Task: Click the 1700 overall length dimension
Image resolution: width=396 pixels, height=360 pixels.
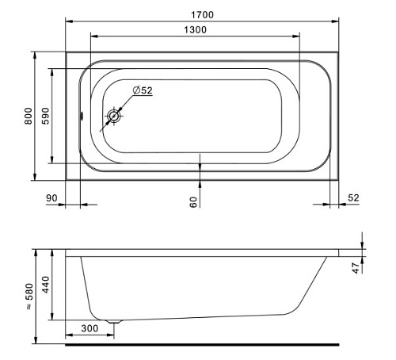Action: click(202, 15)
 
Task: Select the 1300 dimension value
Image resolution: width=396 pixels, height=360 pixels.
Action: click(195, 29)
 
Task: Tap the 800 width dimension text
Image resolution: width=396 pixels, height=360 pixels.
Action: click(29, 116)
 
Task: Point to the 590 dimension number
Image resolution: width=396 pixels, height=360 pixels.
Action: click(45, 116)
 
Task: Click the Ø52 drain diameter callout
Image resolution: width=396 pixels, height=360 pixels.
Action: click(143, 90)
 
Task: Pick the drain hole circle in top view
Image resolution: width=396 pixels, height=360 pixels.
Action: click(114, 116)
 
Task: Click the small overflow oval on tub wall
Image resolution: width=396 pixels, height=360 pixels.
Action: click(82, 116)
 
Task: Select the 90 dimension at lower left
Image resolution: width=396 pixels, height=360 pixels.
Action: click(51, 198)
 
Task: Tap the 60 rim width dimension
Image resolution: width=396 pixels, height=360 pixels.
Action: click(193, 202)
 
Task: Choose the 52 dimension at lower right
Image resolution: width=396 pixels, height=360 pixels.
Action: click(353, 198)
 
